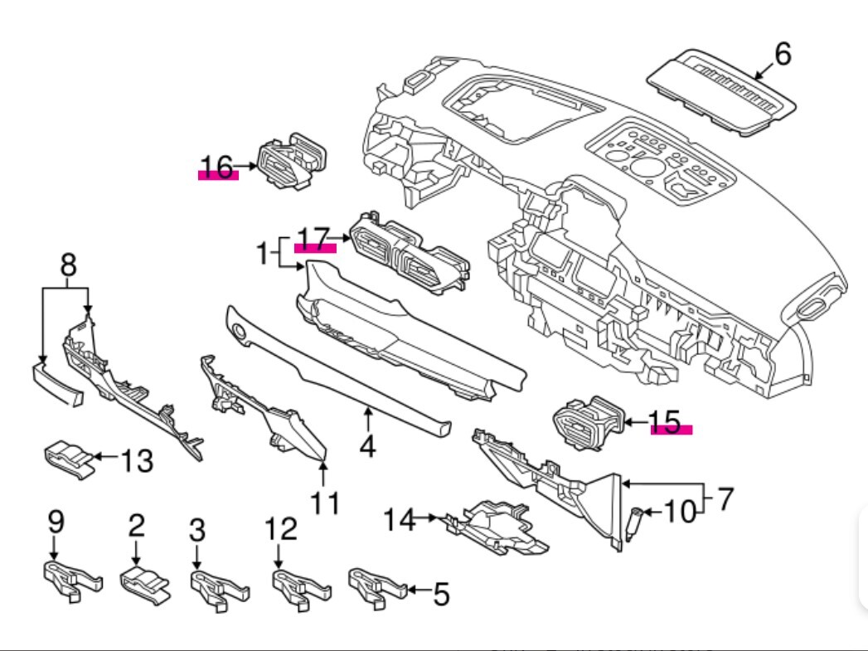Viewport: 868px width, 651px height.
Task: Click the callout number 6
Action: tap(782, 54)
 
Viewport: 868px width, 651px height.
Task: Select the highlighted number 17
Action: tap(314, 239)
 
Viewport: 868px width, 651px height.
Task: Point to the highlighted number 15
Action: tap(670, 421)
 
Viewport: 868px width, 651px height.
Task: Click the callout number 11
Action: tap(325, 502)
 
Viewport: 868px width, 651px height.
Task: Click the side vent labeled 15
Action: tap(590, 423)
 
